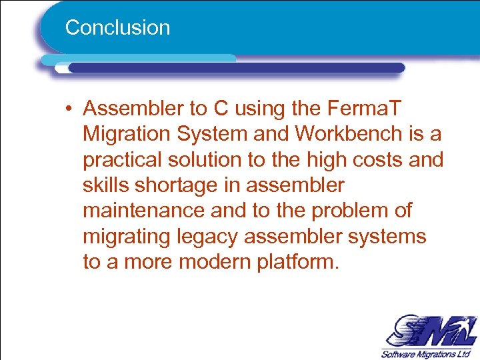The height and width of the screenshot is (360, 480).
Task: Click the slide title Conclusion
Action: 117,28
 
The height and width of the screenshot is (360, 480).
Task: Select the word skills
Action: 105,185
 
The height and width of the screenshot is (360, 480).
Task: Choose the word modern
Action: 215,261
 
